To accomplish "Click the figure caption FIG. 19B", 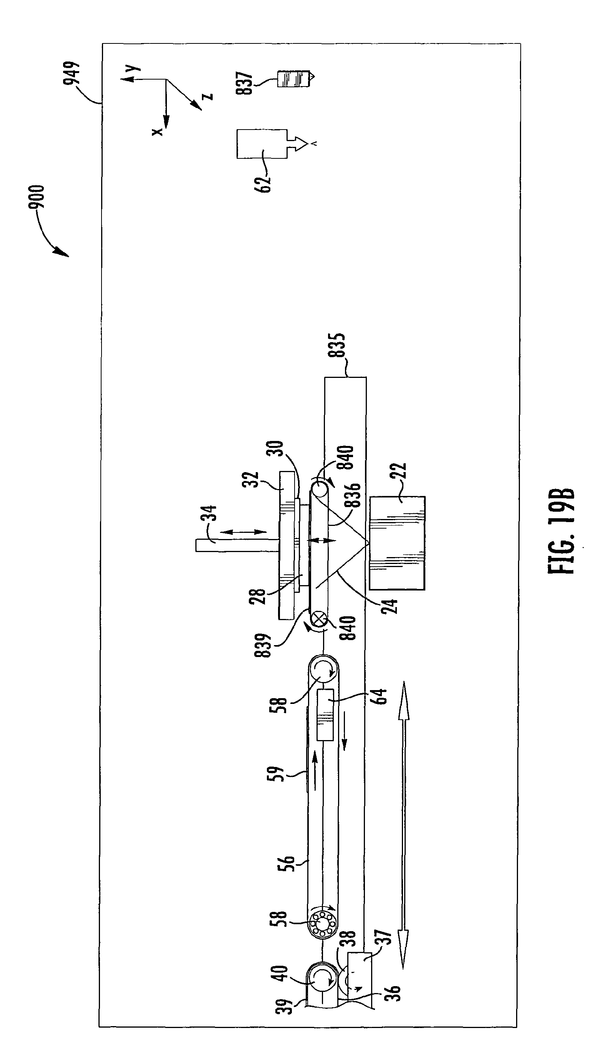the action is [x=561, y=531].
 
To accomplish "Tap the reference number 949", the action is [x=72, y=73].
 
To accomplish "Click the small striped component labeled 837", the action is [x=293, y=78].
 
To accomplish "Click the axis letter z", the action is [x=207, y=97].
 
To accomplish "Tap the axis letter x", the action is [x=157, y=131].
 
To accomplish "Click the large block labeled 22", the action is [x=397, y=543].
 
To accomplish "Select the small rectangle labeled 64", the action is [x=325, y=714].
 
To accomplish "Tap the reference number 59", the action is [x=276, y=774].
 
